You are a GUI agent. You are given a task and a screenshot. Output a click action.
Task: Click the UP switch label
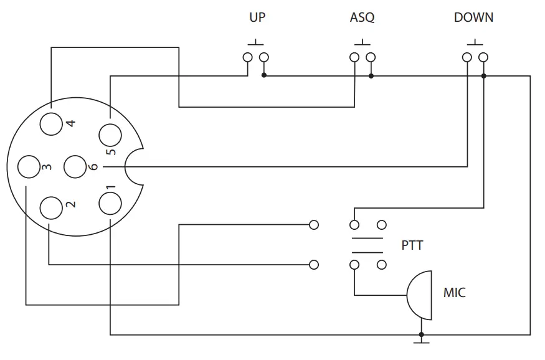[x=257, y=17]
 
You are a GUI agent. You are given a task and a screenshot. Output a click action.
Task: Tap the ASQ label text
[x=362, y=17]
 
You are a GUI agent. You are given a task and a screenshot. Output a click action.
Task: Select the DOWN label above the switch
[x=473, y=17]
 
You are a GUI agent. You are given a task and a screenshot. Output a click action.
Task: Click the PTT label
[x=412, y=245]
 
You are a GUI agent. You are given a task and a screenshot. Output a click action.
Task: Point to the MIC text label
[x=454, y=291]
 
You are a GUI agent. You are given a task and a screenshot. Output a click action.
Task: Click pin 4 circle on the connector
[x=51, y=123]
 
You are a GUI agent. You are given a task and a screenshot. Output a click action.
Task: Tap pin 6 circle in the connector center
[x=76, y=167]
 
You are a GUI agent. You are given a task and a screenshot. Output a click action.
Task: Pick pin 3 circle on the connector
[x=29, y=167]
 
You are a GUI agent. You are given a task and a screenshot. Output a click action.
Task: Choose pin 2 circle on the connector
[x=51, y=207]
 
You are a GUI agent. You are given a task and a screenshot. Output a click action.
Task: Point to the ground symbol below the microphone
[x=422, y=339]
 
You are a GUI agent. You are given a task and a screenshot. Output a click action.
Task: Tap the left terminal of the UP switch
[x=247, y=58]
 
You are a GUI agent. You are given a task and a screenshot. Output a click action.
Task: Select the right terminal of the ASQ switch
[x=371, y=58]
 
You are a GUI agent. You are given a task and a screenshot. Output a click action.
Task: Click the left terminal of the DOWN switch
[x=467, y=58]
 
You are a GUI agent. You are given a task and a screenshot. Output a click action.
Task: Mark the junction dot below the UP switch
[x=264, y=75]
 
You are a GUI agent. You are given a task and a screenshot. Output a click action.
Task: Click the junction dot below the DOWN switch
[x=484, y=75]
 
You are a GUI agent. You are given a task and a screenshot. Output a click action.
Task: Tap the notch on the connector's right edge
[x=133, y=167]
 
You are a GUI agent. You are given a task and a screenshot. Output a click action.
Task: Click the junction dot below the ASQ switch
[x=371, y=75]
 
